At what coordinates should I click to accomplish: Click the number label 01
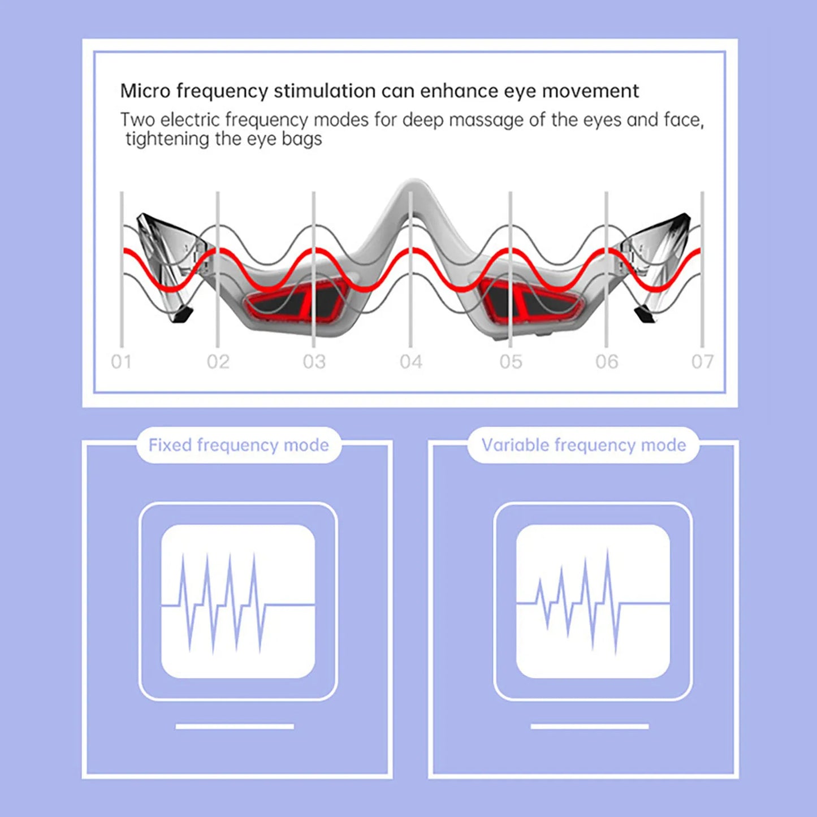coord(122,362)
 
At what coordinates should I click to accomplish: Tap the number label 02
coord(218,362)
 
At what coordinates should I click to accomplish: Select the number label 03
coord(314,362)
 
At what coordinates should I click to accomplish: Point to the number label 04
coord(411,362)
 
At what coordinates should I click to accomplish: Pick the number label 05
coord(511,362)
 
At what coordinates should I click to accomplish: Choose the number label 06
coord(607,362)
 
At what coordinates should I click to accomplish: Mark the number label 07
coord(702,362)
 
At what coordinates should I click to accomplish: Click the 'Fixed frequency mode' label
coord(239,446)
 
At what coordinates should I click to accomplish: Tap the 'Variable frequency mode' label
coord(583,446)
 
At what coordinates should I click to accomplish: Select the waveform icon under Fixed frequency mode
coord(238,602)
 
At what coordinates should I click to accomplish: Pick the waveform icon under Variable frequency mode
coord(593,602)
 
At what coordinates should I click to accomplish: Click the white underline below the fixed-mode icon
coord(235,727)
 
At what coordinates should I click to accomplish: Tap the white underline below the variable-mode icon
coord(590,727)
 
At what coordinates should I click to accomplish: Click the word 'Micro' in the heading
coord(145,91)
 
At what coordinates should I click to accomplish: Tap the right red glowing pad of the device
coord(531,302)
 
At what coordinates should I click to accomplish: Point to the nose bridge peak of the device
coord(414,187)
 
